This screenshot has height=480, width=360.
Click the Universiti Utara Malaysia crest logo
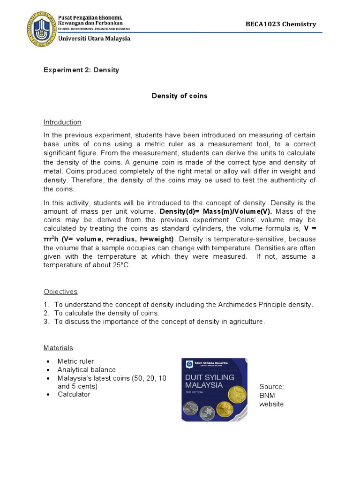tap(41, 29)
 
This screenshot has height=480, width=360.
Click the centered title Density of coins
tap(180, 96)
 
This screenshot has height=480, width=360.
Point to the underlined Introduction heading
tap(62, 122)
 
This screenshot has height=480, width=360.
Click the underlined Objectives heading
tap(60, 292)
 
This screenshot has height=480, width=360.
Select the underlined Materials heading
tap(59, 348)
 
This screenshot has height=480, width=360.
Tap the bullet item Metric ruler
tap(75, 361)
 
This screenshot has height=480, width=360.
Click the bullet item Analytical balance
tap(87, 369)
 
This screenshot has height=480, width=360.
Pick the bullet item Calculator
tap(74, 394)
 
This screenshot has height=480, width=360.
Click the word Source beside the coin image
tap(271, 387)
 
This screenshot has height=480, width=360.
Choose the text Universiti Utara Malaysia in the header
tap(94, 39)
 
